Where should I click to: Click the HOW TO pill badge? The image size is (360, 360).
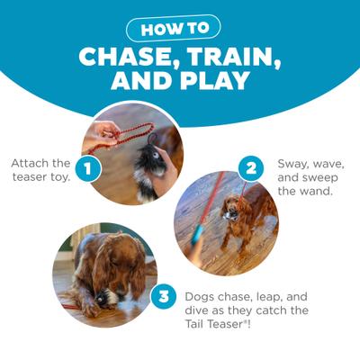180,28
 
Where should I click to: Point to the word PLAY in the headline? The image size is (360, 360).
220,83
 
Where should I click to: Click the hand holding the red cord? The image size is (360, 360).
101,135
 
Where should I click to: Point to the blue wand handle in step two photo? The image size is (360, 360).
197,238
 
